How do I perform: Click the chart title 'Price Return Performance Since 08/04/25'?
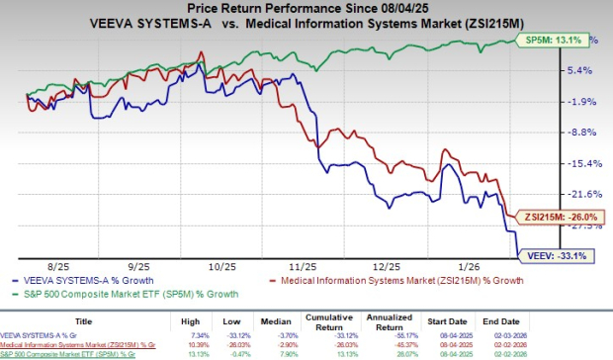pyautogui.click(x=306, y=8)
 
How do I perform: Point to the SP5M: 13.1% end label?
pyautogui.click(x=560, y=41)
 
